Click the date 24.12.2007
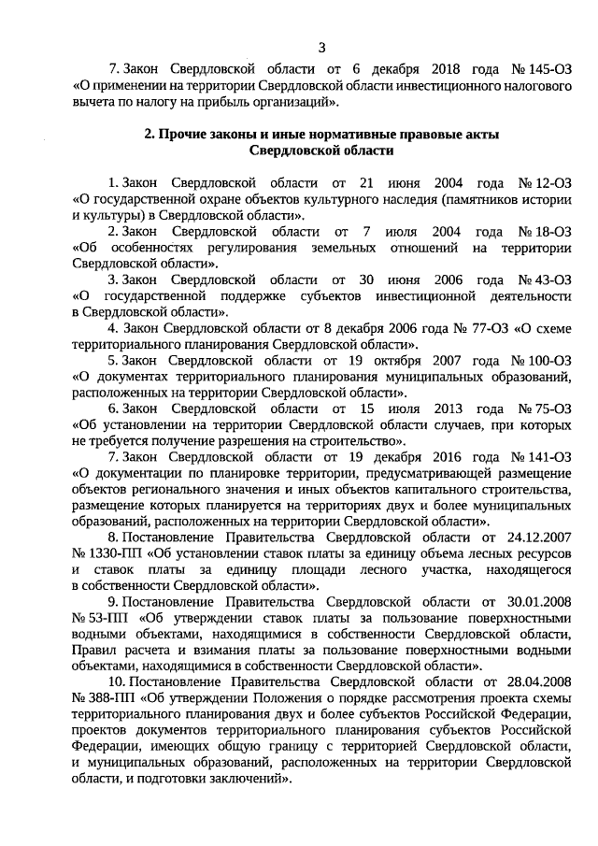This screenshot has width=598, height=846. click(x=537, y=538)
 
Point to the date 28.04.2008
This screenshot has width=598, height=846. click(x=537, y=683)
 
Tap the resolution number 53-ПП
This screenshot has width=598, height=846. click(x=99, y=619)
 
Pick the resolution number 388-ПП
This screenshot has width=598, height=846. click(x=103, y=699)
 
